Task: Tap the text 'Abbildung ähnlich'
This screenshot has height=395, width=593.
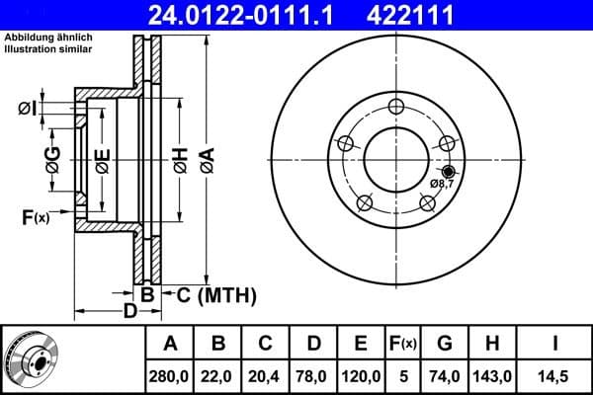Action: point(48,38)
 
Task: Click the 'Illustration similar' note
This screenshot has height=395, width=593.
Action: point(46,49)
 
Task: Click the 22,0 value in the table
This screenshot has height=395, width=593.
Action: point(217,376)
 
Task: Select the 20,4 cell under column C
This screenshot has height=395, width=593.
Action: point(265,376)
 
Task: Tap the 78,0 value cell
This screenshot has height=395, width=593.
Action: point(312,376)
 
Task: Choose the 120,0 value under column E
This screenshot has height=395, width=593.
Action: point(361,376)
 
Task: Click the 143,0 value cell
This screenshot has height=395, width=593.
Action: point(491,376)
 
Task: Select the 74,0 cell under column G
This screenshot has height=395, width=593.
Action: point(444,376)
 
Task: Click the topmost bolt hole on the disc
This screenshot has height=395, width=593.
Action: point(395,107)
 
